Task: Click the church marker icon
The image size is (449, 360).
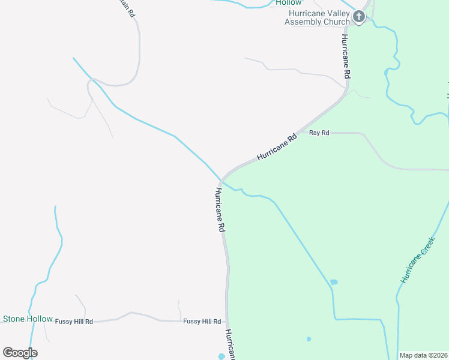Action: point(359,17)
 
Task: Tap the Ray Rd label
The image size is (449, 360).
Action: point(319,133)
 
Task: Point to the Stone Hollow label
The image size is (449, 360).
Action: point(28,319)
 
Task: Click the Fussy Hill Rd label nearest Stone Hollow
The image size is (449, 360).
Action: point(74,322)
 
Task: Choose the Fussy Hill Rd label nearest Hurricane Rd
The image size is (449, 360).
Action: point(202,322)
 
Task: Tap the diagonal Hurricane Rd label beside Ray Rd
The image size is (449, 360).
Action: point(277,146)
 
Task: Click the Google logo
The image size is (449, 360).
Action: point(20,353)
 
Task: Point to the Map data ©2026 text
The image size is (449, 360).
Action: point(423,355)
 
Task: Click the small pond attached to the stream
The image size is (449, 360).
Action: point(334,282)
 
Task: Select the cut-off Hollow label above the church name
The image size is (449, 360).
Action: point(289,3)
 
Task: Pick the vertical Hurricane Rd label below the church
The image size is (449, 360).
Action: point(346,56)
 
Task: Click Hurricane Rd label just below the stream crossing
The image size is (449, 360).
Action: point(220,210)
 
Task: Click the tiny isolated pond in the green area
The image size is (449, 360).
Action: point(309,339)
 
